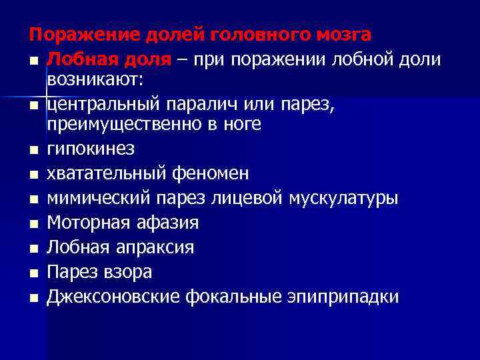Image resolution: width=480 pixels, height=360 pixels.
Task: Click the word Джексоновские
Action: coord(113,297)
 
